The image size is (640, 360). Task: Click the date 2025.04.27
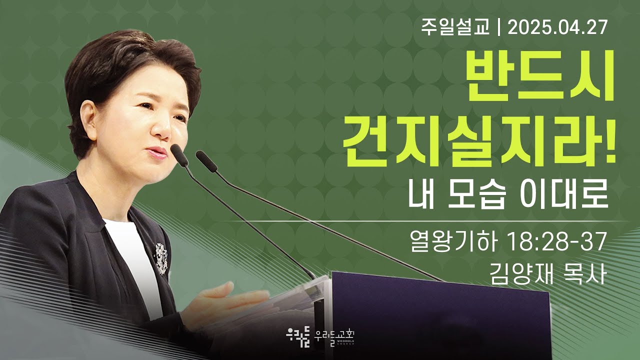click(x=557, y=28)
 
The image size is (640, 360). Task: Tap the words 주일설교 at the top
click(x=455, y=28)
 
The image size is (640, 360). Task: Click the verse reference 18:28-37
click(x=557, y=242)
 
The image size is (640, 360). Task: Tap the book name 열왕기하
click(x=453, y=242)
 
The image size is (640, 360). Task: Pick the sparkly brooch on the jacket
click(x=161, y=258)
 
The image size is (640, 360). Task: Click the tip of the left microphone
click(x=173, y=147)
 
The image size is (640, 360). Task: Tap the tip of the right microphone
click(x=199, y=154)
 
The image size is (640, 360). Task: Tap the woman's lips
click(x=156, y=153)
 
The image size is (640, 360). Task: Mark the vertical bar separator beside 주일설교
click(x=499, y=28)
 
